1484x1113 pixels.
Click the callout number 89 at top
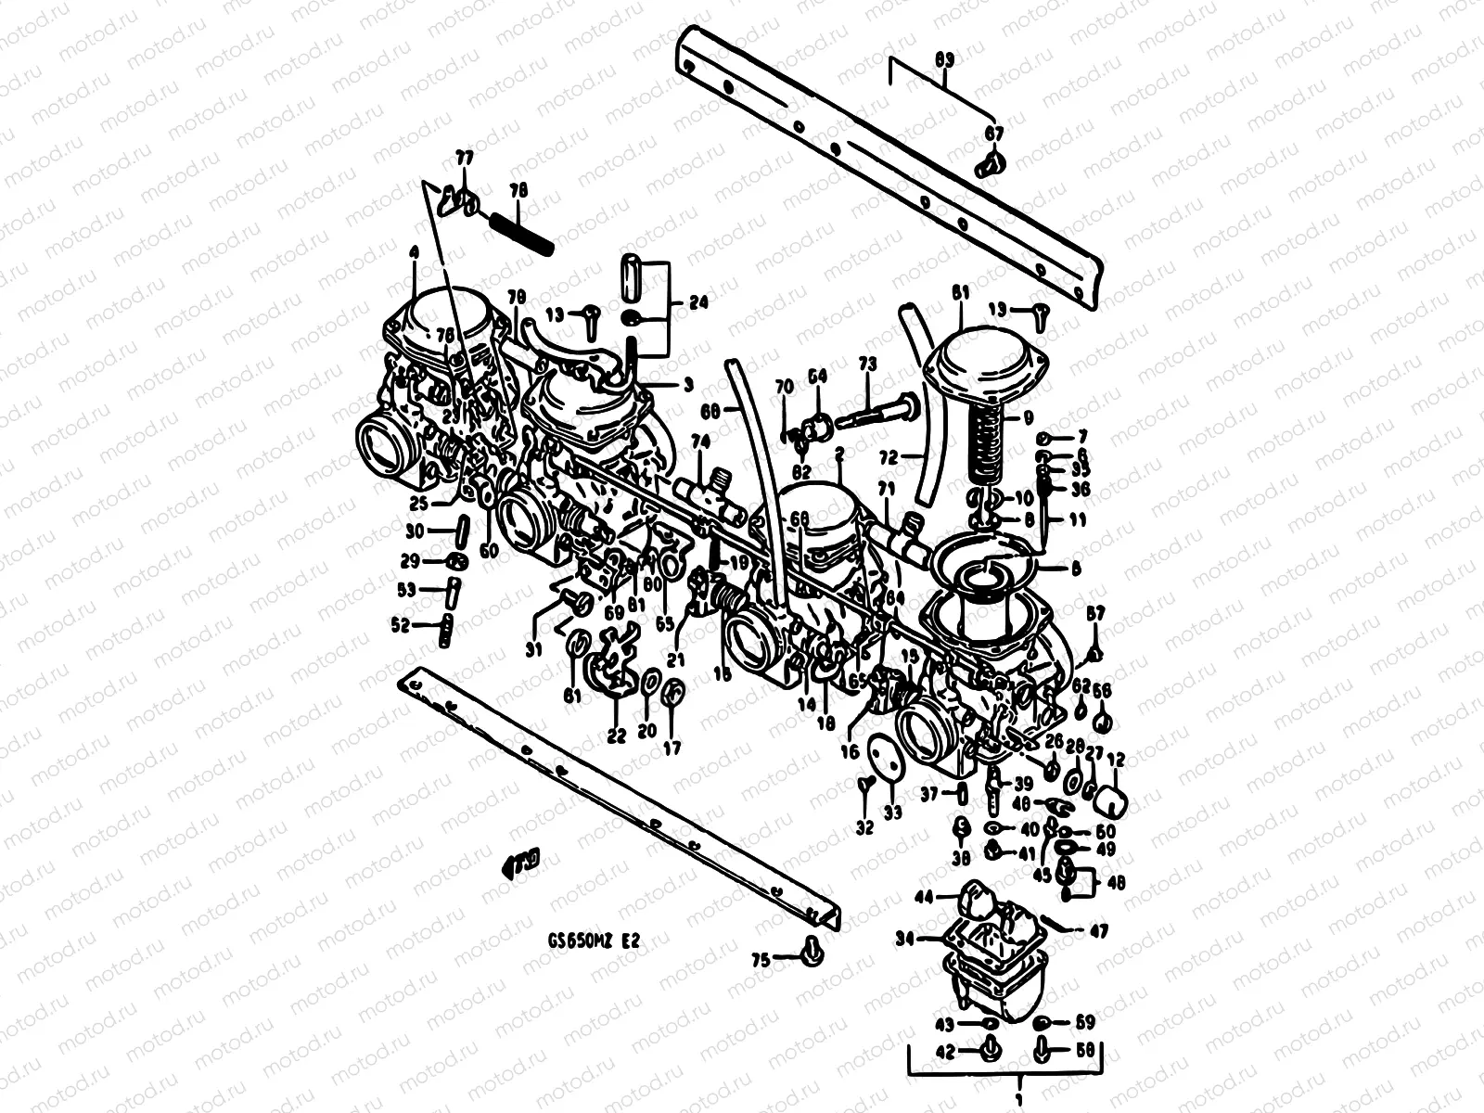[x=943, y=59]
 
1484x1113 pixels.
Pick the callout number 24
[x=697, y=302]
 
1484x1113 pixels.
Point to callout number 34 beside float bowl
[x=904, y=940]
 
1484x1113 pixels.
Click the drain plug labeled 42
[x=988, y=1050]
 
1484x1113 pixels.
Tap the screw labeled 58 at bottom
[x=1042, y=1050]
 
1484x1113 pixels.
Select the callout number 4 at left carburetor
[x=414, y=252]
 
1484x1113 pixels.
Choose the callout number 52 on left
[x=401, y=626]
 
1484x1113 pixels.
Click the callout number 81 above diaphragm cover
[x=959, y=292]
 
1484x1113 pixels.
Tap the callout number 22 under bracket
[x=617, y=736]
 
